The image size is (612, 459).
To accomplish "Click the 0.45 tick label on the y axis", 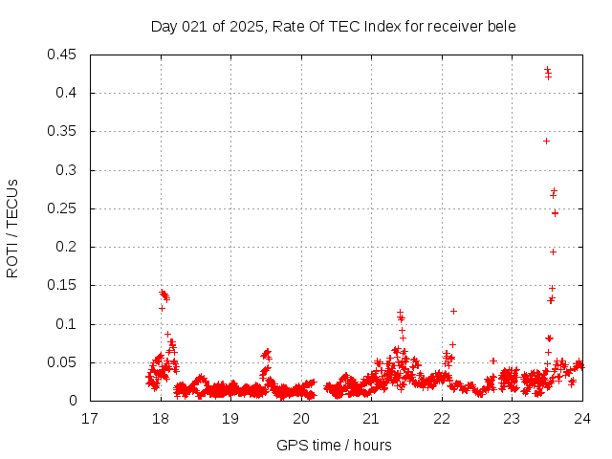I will (64, 55).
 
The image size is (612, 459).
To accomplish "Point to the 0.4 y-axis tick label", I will (70, 93).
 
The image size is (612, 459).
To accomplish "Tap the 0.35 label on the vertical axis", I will (64, 131).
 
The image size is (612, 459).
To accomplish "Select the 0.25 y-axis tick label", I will (64, 208).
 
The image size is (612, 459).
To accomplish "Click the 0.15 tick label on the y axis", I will (64, 285).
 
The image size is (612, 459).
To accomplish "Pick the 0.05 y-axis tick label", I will (64, 362).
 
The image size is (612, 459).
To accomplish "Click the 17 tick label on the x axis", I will (90, 418).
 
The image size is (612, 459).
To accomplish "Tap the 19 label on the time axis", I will (230, 418).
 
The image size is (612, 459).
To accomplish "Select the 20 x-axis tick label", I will (301, 418).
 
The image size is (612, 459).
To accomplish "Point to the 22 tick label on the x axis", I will (442, 418).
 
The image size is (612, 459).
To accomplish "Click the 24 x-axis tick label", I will (582, 418).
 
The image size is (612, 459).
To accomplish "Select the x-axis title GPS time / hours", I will (334, 445).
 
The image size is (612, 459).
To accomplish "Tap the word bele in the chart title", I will (501, 26).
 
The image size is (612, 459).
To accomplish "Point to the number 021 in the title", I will (196, 26).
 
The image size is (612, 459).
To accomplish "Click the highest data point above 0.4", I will (547, 69).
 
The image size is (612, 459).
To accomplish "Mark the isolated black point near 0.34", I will (546, 141).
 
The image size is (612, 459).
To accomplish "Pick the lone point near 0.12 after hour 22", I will (453, 311).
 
